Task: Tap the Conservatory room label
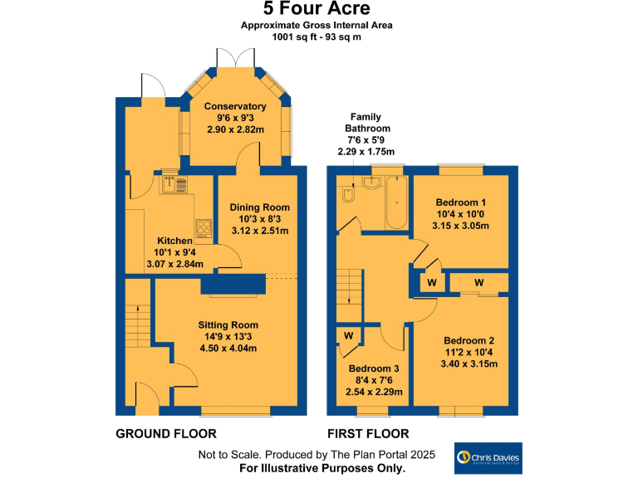pos(235,106)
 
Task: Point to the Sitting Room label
pos(228,324)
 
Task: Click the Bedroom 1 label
pos(460,202)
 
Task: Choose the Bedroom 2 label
pos(469,340)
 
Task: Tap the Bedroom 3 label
pos(374,368)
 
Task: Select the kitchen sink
pos(174,183)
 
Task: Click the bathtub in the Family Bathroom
pos(396,203)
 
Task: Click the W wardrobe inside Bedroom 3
pos(348,336)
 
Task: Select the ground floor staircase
pos(138,324)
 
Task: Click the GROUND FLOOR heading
pos(165,434)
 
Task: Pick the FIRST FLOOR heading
pos(368,434)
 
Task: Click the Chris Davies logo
pos(488,458)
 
